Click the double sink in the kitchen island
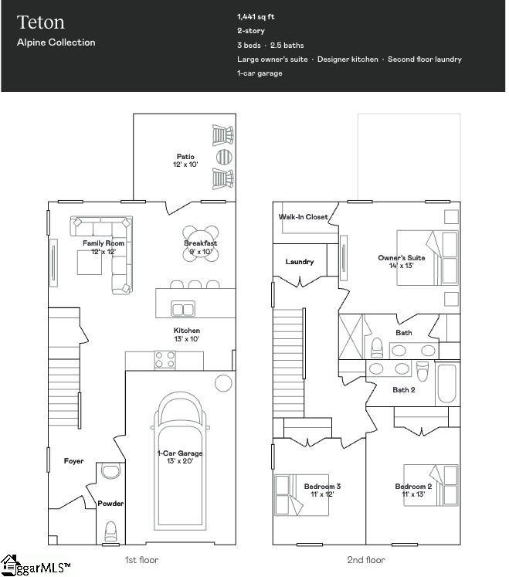[x=183, y=309]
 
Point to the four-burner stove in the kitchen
[x=165, y=359]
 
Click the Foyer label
[x=73, y=461]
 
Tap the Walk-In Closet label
[x=303, y=217]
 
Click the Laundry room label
[x=299, y=262]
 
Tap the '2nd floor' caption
[x=366, y=560]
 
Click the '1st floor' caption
[x=141, y=560]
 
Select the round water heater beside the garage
[x=223, y=382]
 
